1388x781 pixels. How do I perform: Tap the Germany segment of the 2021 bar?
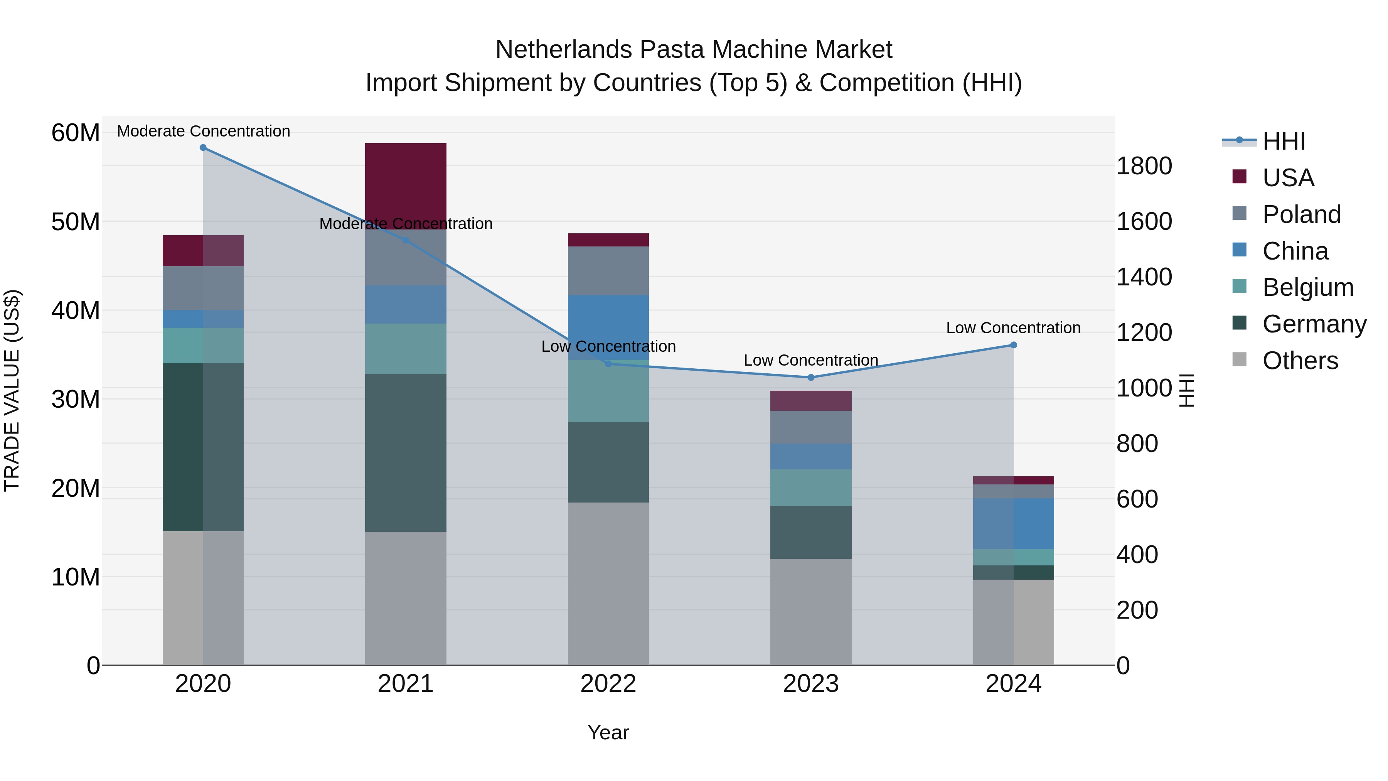[405, 453]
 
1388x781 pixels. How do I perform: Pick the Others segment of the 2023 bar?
[810, 612]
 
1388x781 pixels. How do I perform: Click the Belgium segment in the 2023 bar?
[810, 487]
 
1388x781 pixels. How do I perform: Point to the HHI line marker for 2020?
[203, 148]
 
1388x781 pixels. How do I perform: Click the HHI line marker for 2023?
[810, 377]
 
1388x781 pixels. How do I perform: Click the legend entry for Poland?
[1301, 214]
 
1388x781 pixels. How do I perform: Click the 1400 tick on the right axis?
[1144, 277]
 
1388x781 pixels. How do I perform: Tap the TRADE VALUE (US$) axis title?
[12, 390]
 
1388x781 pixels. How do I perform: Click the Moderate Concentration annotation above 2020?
[203, 131]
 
